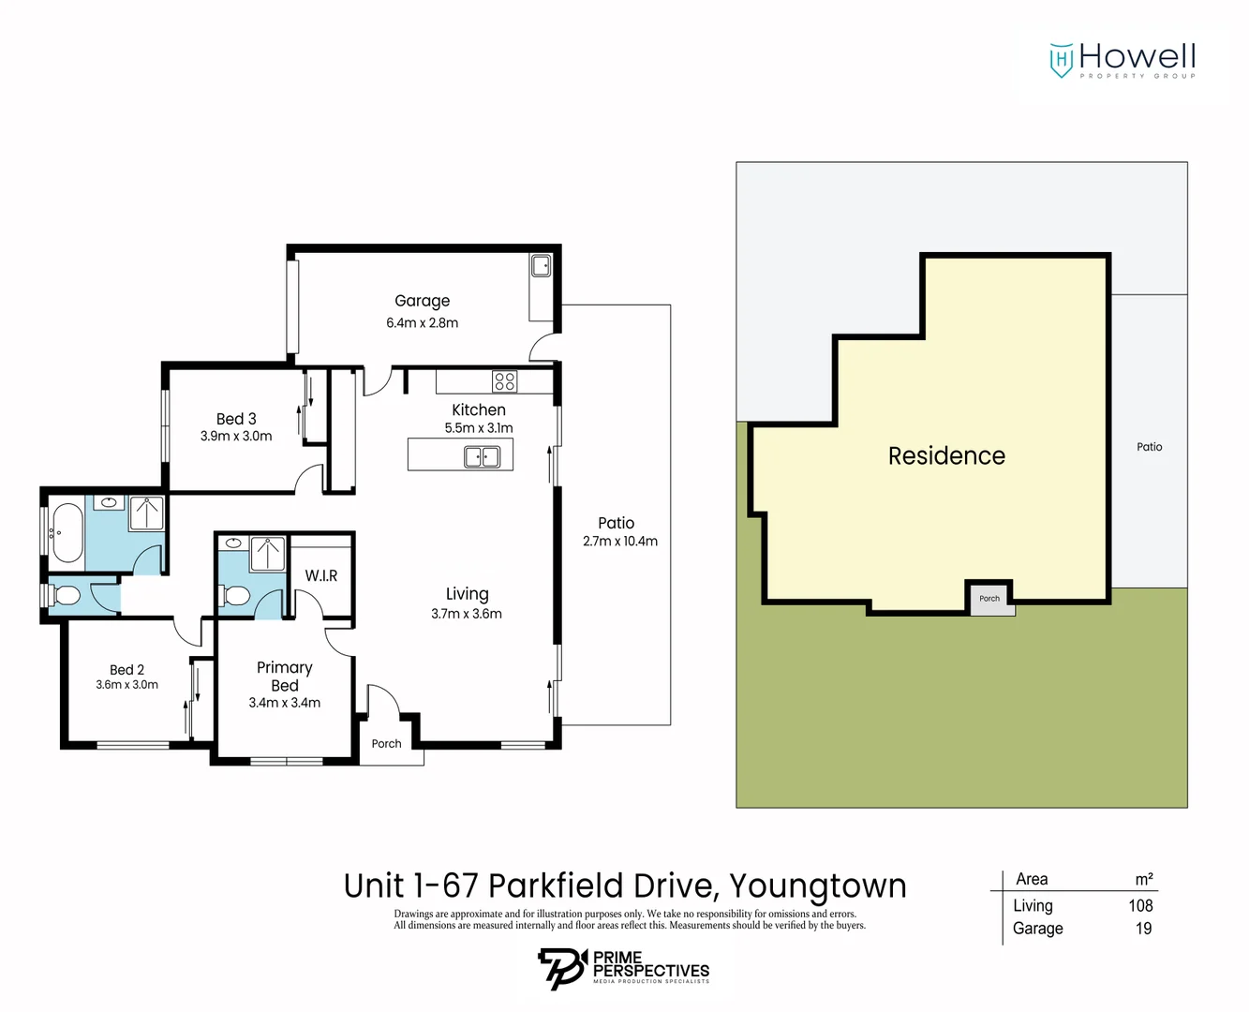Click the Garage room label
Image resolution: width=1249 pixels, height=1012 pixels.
pos(422,301)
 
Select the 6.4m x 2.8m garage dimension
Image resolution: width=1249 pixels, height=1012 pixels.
pos(422,322)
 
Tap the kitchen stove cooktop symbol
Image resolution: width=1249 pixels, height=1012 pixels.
pos(504,381)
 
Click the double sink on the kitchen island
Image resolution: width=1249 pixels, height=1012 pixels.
pos(483,457)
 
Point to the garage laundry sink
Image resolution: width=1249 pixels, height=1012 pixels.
pos(542,267)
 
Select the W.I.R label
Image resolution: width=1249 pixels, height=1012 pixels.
pos(321,575)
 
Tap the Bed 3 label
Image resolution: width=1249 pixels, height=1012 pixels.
pos(236,419)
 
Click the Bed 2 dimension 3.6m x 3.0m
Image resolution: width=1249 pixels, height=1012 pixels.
pos(126,685)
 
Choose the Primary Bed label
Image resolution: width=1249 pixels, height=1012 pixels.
pos(285,676)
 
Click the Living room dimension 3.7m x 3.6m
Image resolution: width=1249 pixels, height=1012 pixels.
pos(467,614)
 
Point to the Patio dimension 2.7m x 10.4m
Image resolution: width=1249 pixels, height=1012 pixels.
pos(619,541)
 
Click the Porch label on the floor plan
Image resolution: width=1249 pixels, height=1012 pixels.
pos(386,744)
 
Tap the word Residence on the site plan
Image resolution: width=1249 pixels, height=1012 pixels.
pos(946,456)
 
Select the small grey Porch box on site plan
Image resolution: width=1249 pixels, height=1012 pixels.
pos(990,599)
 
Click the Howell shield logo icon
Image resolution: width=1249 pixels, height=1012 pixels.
pos(1061,60)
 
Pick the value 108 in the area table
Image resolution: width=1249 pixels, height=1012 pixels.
pos(1140,905)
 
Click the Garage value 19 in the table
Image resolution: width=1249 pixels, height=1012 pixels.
pos(1143,929)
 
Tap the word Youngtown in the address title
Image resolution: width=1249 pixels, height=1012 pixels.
pos(817,886)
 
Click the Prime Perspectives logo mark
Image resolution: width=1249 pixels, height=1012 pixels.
pos(560,968)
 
